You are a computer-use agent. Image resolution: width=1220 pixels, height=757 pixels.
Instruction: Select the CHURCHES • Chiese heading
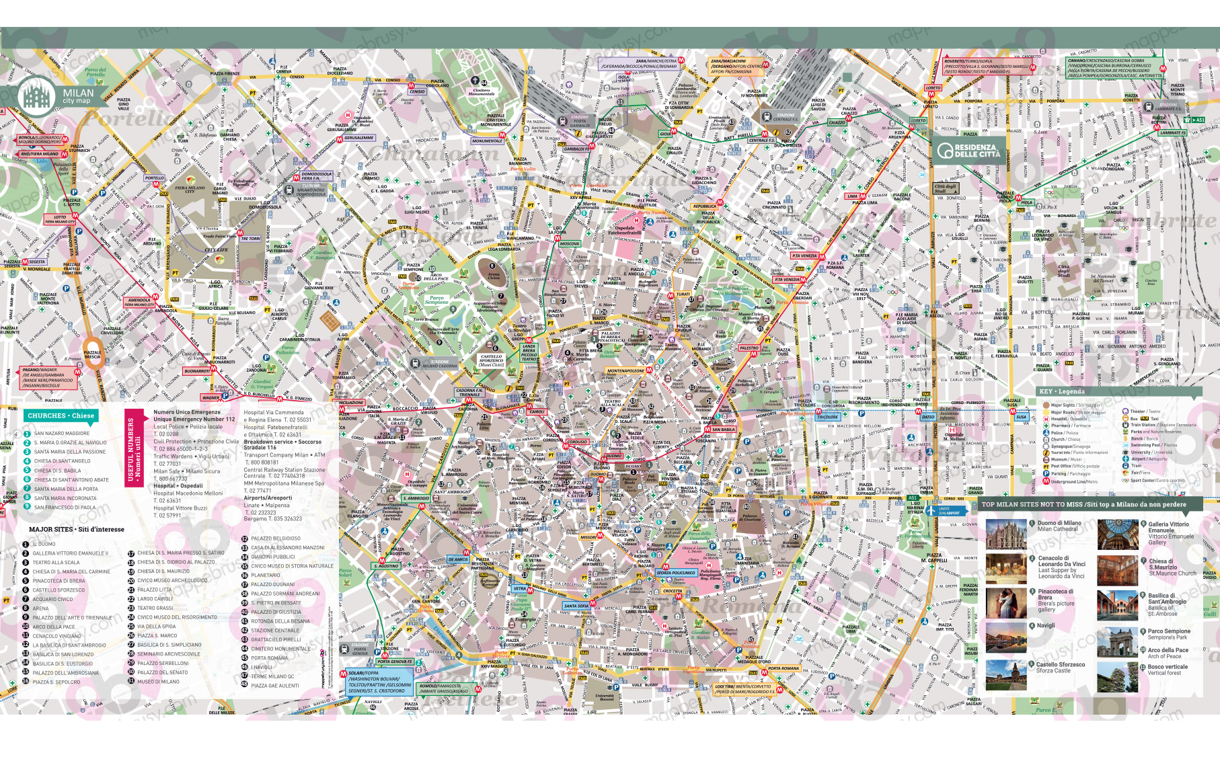pyautogui.click(x=61, y=415)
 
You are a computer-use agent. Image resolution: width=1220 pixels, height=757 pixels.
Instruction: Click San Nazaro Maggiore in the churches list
pyautogui.click(x=61, y=434)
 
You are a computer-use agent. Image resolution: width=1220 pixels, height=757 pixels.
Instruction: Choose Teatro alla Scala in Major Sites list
pyautogui.click(x=56, y=563)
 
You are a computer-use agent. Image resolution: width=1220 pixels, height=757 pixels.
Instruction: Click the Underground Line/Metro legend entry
pyautogui.click(x=1073, y=481)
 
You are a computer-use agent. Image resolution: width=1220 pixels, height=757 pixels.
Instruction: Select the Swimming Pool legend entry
pyautogui.click(x=1153, y=445)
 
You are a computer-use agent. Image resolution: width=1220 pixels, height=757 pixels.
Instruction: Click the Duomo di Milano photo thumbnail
pyautogui.click(x=1006, y=534)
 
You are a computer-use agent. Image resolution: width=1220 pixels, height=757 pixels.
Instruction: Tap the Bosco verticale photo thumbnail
pyautogui.click(x=1117, y=676)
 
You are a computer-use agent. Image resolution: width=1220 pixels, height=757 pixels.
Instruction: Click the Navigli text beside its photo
pyautogui.click(x=1046, y=626)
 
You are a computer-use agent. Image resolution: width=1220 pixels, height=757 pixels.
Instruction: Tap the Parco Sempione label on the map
pyautogui.click(x=436, y=299)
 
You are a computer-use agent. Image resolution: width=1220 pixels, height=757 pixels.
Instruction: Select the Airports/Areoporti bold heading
pyautogui.click(x=268, y=498)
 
